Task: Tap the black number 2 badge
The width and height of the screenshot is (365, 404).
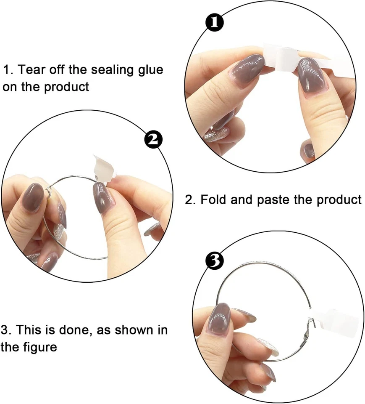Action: click(154, 139)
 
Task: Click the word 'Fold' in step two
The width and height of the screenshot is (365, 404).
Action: click(214, 199)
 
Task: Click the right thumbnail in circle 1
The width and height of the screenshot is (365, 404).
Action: click(311, 76)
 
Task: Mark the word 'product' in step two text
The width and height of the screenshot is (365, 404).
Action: click(339, 199)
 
